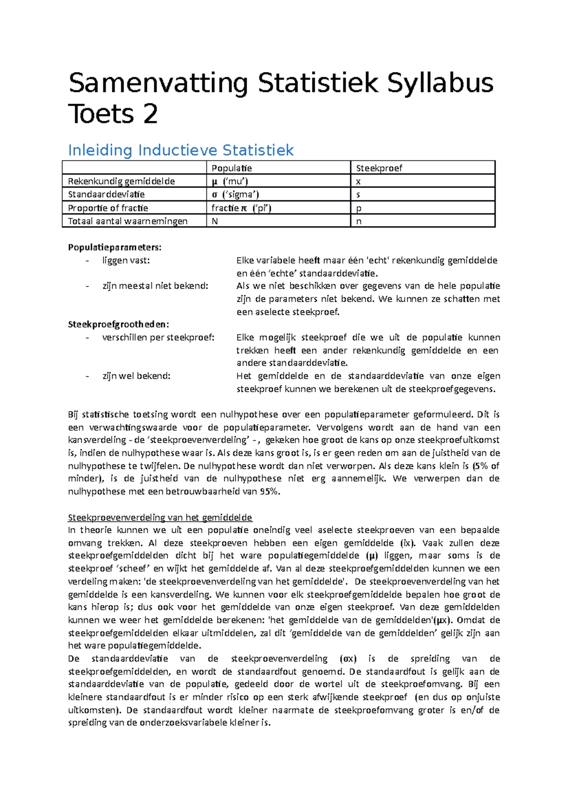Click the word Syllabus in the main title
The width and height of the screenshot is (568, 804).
click(x=440, y=83)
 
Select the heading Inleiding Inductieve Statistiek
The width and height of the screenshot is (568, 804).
click(x=181, y=151)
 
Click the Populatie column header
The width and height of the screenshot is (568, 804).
click(x=231, y=168)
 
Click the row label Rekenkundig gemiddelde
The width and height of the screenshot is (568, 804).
click(x=122, y=181)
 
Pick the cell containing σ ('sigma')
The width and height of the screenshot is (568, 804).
click(x=235, y=195)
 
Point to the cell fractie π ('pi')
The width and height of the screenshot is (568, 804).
click(x=241, y=208)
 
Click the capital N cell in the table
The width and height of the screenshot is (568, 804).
click(x=215, y=221)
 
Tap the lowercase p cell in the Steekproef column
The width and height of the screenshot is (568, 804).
click(x=359, y=208)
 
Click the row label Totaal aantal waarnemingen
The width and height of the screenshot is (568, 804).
click(x=128, y=221)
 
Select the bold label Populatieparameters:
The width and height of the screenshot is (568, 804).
click(x=115, y=247)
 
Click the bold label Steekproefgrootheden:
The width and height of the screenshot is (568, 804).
click(x=118, y=324)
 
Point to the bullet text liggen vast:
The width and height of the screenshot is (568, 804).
click(x=125, y=260)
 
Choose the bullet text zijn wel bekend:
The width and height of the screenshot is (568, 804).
click(x=136, y=376)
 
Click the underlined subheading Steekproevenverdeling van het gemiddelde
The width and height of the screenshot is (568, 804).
click(x=160, y=517)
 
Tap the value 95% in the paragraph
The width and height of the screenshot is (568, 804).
click(x=269, y=491)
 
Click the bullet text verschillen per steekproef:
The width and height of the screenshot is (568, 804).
click(x=158, y=338)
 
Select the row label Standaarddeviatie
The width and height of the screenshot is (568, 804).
click(x=106, y=195)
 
